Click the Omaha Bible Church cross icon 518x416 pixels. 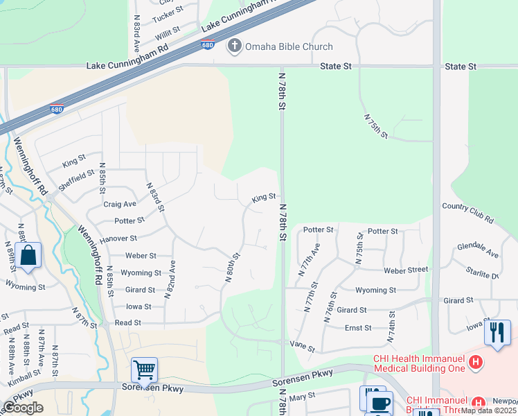coord(235,46)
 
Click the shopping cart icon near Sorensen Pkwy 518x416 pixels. coord(144,370)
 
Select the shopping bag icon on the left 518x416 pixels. coord(28,255)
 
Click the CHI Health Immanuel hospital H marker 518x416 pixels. coord(475,361)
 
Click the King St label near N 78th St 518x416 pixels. coord(264,198)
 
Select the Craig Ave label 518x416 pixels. coord(120,204)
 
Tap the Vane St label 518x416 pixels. coord(302,345)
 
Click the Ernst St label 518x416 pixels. coord(358,327)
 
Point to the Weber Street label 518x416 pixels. coord(402,270)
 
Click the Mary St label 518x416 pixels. coord(302,395)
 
